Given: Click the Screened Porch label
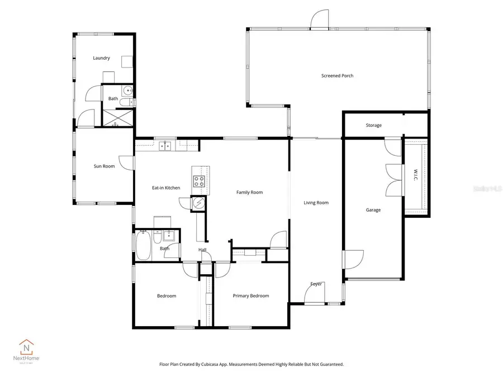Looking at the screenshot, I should click(337, 76).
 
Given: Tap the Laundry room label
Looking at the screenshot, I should click(101, 58).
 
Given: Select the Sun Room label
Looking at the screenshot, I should click(104, 166).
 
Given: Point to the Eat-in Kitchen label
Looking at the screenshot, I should click(166, 188).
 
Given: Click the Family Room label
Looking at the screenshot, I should click(249, 193).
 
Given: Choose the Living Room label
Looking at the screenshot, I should click(316, 203).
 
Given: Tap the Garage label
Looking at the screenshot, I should click(373, 210).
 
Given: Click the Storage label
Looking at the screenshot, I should click(373, 125).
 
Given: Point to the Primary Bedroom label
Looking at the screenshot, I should click(251, 296).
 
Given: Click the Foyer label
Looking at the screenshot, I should click(316, 284).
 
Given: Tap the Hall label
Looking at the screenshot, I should click(203, 250).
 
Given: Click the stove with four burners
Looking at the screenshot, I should click(199, 181).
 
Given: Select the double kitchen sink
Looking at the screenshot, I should click(165, 147).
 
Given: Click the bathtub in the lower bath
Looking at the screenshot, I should click(142, 246).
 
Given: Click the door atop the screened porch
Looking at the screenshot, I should click(319, 20).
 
